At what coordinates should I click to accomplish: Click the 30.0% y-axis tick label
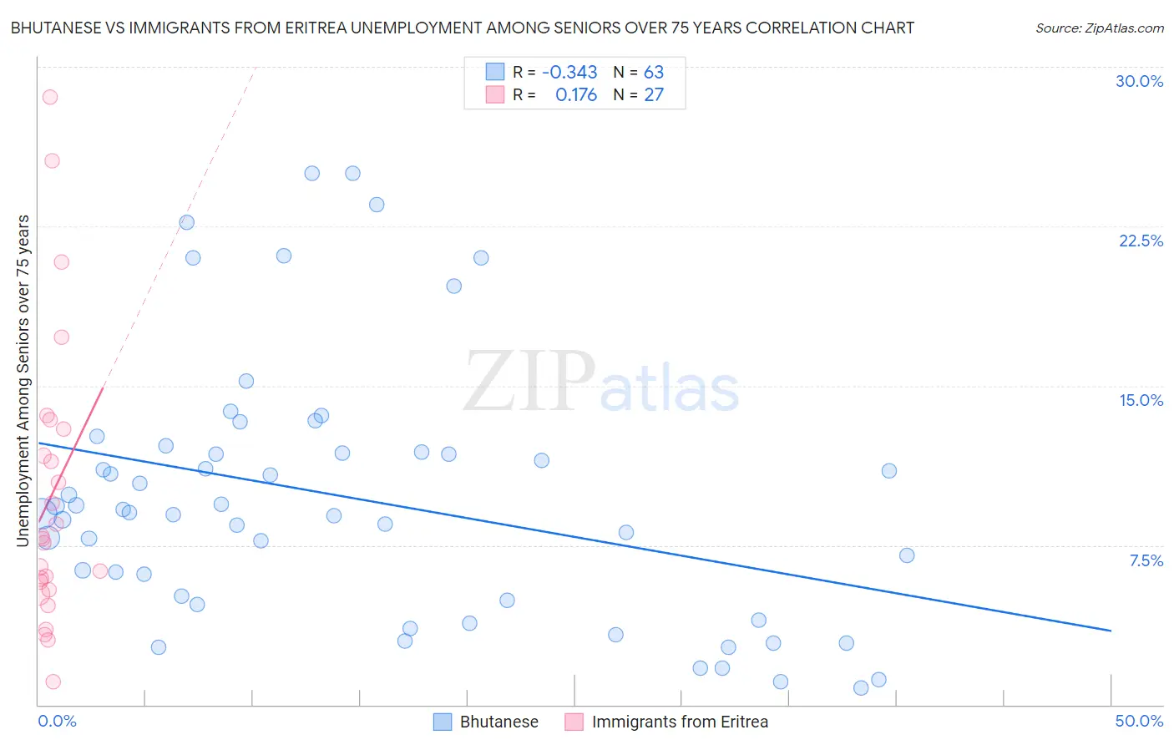pyautogui.click(x=1139, y=81)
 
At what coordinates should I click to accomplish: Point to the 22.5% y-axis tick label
pyautogui.click(x=1141, y=241)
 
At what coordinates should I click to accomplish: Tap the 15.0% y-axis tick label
pyautogui.click(x=1141, y=400)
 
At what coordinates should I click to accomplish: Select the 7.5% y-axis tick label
pyautogui.click(x=1146, y=560)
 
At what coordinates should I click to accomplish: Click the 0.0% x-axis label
pyautogui.click(x=57, y=721)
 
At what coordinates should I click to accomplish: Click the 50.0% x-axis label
pyautogui.click(x=1139, y=721)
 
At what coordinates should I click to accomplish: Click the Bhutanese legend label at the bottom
pyautogui.click(x=498, y=722)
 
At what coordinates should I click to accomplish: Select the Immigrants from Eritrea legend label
pyautogui.click(x=680, y=722)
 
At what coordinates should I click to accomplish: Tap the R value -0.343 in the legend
pyautogui.click(x=569, y=72)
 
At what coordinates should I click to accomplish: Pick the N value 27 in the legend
pyautogui.click(x=654, y=95)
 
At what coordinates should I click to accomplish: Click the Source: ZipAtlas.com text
pyautogui.click(x=1099, y=28)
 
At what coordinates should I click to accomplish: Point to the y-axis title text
pyautogui.click(x=23, y=381)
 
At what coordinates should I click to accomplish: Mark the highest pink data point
pyautogui.click(x=50, y=97)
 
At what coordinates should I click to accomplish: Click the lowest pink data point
pyautogui.click(x=53, y=682)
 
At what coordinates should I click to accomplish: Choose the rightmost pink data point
pyautogui.click(x=100, y=571)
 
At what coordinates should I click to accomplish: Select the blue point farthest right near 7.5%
pyautogui.click(x=907, y=555)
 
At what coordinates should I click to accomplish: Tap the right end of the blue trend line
pyautogui.click(x=1111, y=631)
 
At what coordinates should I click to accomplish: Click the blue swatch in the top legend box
pyautogui.click(x=495, y=72)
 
